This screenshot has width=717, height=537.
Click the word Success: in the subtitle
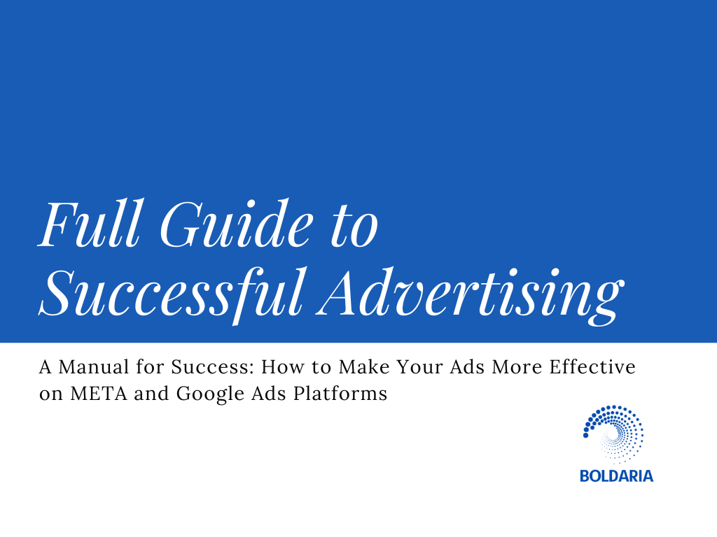[213, 367]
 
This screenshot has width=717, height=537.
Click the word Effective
[592, 367]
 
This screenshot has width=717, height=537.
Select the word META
[98, 394]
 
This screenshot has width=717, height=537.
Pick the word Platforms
[340, 394]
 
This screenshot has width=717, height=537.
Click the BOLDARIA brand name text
[616, 476]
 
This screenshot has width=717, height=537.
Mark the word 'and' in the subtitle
[151, 394]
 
